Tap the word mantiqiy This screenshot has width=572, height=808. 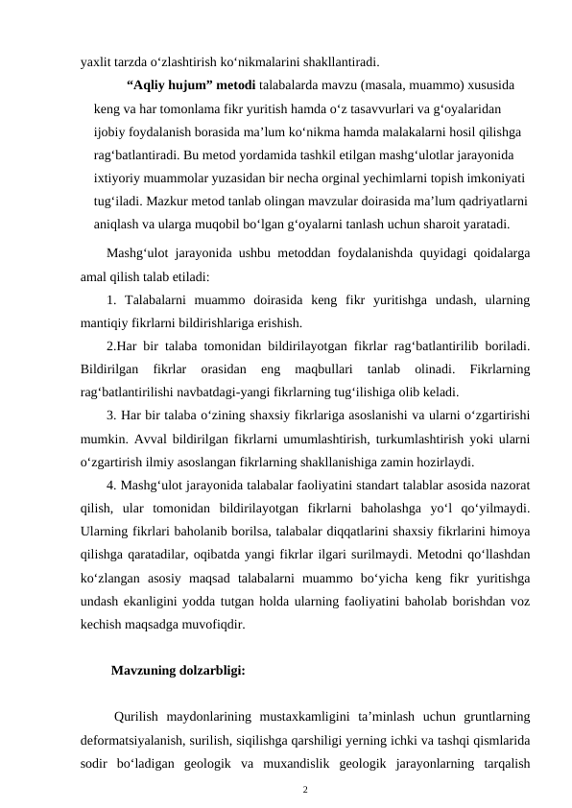point(105,322)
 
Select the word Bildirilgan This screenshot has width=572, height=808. point(112,369)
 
